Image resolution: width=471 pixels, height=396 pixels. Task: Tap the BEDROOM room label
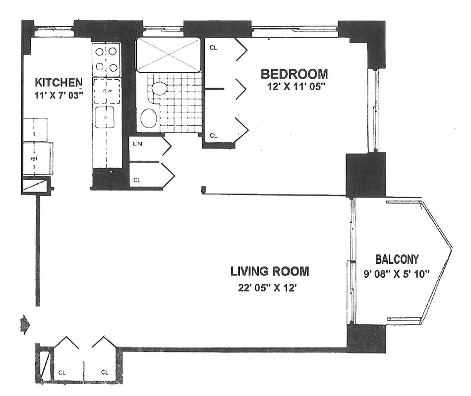[294, 74]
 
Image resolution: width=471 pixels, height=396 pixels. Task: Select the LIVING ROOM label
[270, 271]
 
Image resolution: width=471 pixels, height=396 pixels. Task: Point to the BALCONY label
[397, 259]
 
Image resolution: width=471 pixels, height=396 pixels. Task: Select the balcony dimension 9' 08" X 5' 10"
[397, 272]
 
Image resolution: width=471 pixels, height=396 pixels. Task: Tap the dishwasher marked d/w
[107, 91]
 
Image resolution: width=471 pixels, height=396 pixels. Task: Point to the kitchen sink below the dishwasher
[105, 117]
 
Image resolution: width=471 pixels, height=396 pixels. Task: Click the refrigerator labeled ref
[38, 158]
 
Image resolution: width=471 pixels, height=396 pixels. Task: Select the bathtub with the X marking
[169, 54]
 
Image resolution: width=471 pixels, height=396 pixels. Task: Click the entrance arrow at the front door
[24, 325]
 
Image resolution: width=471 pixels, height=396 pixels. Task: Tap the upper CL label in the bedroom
[214, 49]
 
